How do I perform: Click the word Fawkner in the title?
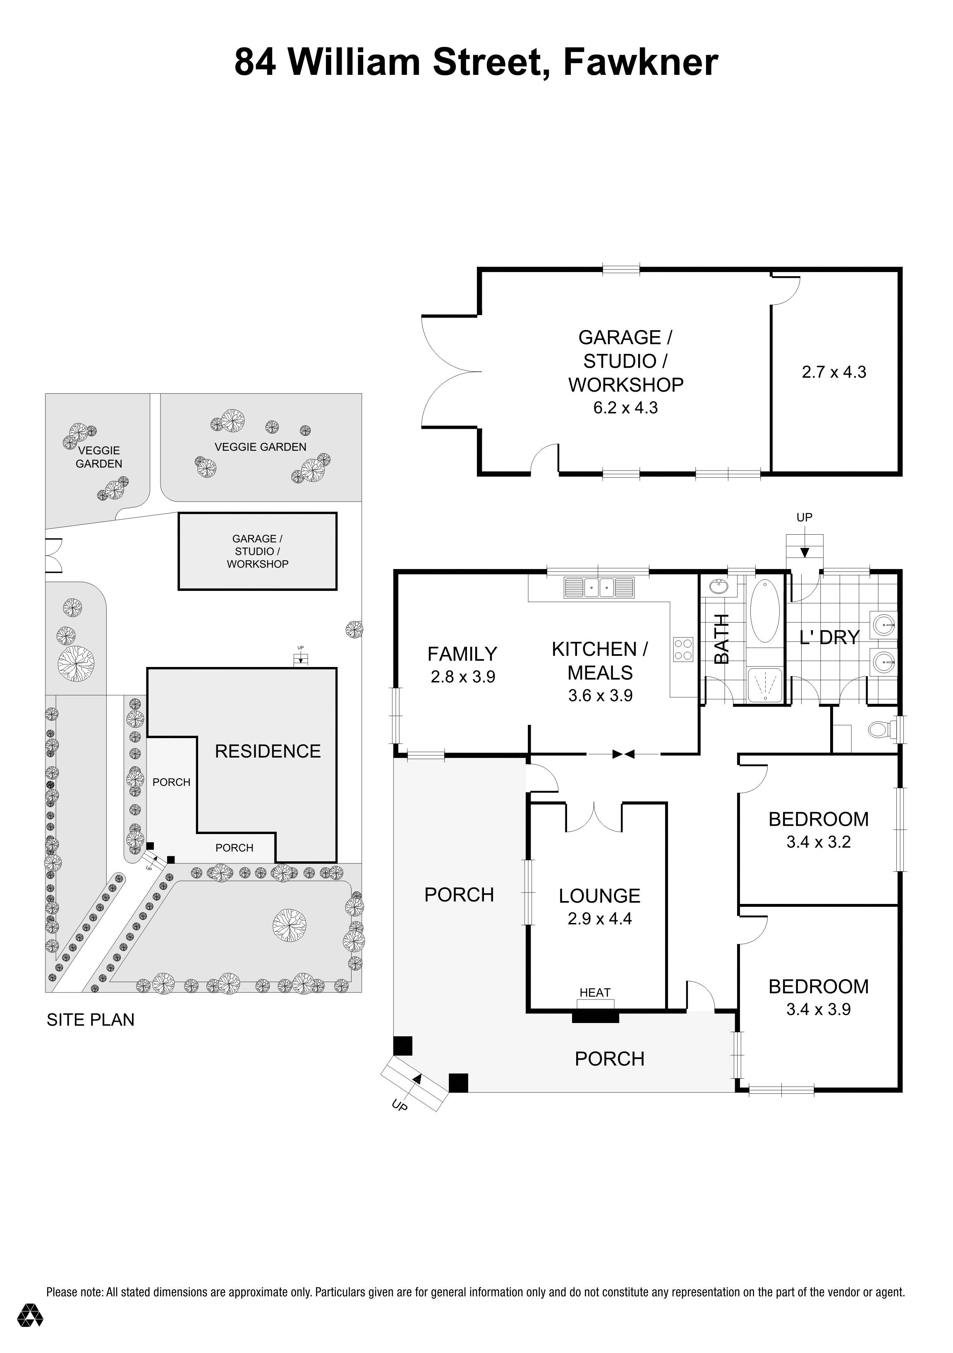pos(641,62)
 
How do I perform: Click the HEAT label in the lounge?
pos(595,992)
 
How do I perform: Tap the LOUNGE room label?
pos(599,896)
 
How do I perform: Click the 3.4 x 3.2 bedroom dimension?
pos(818,842)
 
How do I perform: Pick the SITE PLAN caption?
pos(90,1020)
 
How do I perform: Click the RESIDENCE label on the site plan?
pos(268,751)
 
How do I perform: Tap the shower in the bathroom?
pos(764,685)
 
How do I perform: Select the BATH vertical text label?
pos(722,639)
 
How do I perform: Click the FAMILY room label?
pos(462,654)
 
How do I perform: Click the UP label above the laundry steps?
pos(804,517)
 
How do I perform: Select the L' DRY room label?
pos(829,637)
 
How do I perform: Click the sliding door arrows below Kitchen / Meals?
pos(623,754)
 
